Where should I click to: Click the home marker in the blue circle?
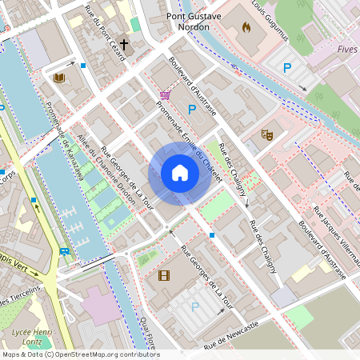pos(179,173)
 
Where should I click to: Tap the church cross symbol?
pos(124,46)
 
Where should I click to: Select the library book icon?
pos(58,78)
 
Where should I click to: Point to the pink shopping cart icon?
pos(165,95)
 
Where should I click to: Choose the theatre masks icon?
pos(268,135)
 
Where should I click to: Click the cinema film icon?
pos(164,276)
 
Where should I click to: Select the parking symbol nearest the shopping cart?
pos(191,110)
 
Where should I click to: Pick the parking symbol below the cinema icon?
pos(194,306)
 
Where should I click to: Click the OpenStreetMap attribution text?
pos(80,354)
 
